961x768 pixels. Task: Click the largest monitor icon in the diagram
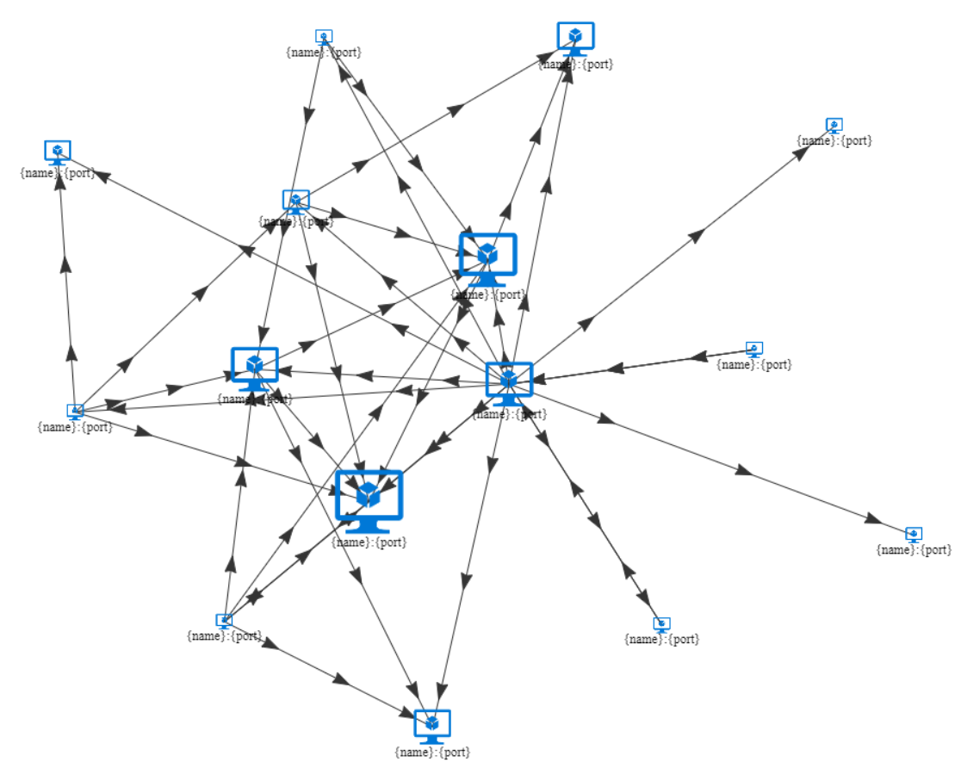click(x=369, y=500)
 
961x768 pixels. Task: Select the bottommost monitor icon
click(x=432, y=726)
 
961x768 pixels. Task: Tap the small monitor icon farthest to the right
click(x=914, y=534)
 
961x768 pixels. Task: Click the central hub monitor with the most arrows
click(x=509, y=382)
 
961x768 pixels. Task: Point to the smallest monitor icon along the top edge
click(x=324, y=36)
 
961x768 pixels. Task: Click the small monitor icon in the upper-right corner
click(x=834, y=125)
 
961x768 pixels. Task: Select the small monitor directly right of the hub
click(x=754, y=349)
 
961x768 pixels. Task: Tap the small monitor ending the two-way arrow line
click(x=661, y=623)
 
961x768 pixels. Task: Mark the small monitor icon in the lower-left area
click(x=224, y=621)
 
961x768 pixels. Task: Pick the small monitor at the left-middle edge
click(x=75, y=412)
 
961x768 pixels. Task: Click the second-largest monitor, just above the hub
click(x=487, y=257)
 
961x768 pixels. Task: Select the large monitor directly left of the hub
click(x=255, y=368)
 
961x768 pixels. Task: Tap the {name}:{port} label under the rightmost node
click(x=914, y=549)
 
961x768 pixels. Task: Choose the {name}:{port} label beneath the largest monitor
click(x=369, y=542)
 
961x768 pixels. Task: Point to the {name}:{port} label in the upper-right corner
click(x=834, y=140)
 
